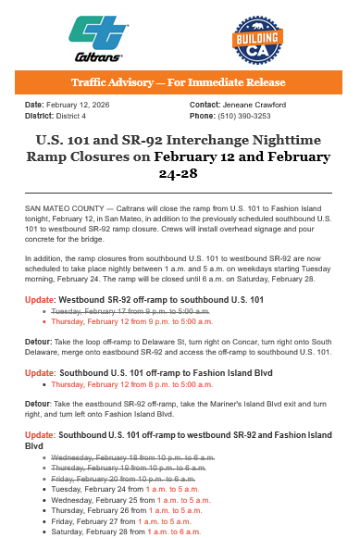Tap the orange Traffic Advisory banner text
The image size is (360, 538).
click(180, 82)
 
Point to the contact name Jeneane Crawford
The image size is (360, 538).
click(254, 106)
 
